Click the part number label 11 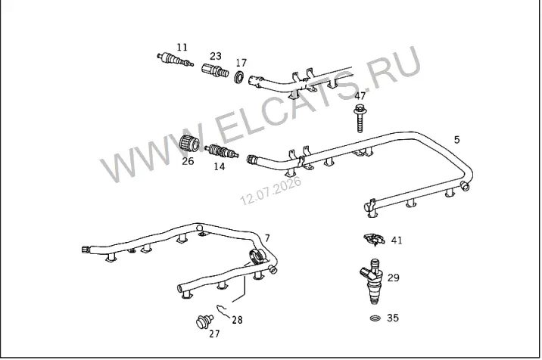[182, 47]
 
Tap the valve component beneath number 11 [175, 59]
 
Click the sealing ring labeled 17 [239, 76]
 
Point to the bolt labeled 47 [360, 118]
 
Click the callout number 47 [360, 96]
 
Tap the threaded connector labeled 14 [221, 151]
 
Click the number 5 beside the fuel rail [457, 140]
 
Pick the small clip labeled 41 [374, 239]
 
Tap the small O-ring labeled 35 [375, 318]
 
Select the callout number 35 [393, 318]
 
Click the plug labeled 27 [204, 321]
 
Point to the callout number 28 [237, 320]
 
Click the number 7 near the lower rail [267, 238]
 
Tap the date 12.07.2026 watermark [271, 191]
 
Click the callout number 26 [188, 161]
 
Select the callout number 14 [220, 166]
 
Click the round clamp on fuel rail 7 [257, 256]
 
